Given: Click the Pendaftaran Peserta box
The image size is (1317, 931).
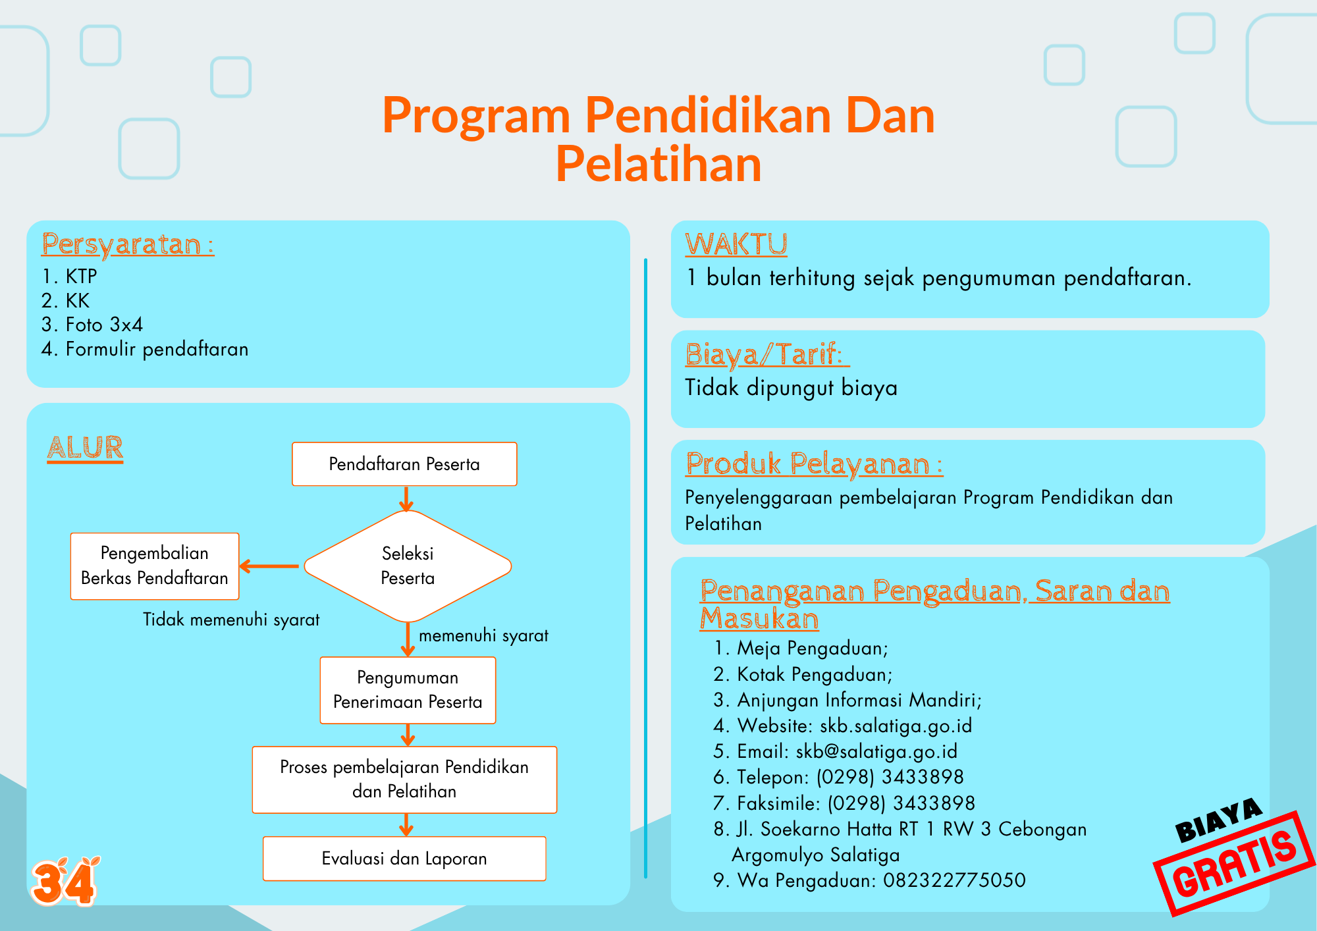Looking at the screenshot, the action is (404, 464).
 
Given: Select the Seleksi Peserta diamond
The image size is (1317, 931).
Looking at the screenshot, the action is (408, 566).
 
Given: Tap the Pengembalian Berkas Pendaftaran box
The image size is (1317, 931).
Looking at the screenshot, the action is (155, 566).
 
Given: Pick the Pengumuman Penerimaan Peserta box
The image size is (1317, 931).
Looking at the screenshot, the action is (408, 690).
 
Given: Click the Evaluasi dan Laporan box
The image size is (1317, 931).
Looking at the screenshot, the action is (404, 859).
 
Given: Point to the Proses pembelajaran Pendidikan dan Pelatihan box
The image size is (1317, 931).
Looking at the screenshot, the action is (404, 780).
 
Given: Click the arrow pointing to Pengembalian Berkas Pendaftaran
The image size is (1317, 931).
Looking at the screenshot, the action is (269, 566).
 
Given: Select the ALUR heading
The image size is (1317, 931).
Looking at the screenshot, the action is (86, 448).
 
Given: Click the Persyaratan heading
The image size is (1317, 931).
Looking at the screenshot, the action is (128, 244).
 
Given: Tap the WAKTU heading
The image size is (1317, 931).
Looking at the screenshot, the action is (736, 244).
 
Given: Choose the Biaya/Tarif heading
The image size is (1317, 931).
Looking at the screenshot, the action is (767, 355).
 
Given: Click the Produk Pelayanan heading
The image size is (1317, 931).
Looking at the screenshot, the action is (814, 464).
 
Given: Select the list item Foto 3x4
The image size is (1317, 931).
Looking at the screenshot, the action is (92, 325).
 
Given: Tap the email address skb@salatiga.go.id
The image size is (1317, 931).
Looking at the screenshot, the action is (876, 751).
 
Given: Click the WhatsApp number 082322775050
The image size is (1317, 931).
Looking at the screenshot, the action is (954, 880).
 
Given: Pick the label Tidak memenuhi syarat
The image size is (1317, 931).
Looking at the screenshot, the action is (231, 620).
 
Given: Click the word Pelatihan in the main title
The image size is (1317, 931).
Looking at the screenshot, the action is (658, 164).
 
